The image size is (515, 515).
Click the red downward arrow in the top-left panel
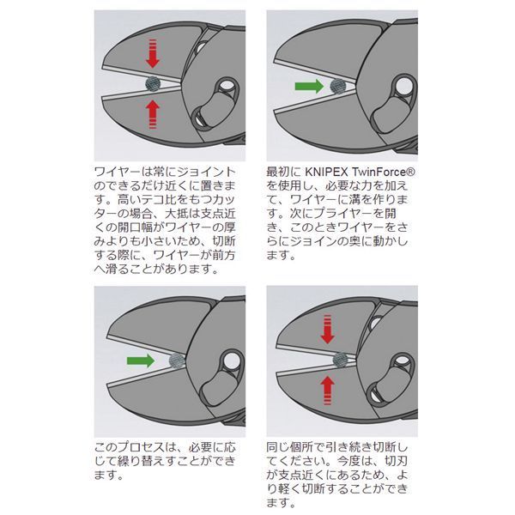pos(153,54)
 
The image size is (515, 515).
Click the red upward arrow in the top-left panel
pos(153,112)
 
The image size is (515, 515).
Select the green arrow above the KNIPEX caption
pos(307,86)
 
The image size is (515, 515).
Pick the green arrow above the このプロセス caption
pos(141,358)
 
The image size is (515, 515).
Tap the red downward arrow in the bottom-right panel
pos(327,329)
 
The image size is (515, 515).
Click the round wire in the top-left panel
pos(154,83)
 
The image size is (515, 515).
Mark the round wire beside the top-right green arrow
pos(338,86)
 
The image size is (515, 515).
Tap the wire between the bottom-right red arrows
pos(338,359)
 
